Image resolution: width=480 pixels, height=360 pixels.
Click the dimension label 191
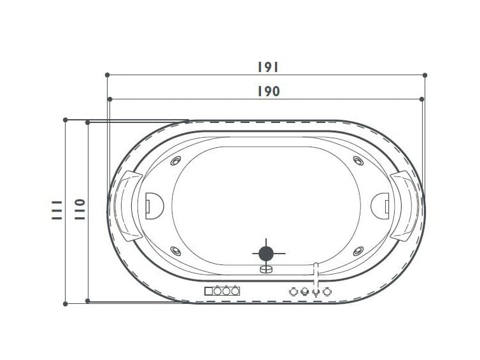pyautogui.click(x=269, y=67)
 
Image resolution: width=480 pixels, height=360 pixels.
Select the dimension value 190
pyautogui.click(x=269, y=91)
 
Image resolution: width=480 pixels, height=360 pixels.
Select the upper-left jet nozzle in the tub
pyautogui.click(x=176, y=161)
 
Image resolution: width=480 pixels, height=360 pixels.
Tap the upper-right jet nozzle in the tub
pyautogui.click(x=356, y=161)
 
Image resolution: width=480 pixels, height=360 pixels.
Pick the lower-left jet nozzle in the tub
pyautogui.click(x=176, y=251)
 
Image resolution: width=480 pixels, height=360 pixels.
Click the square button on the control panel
pyautogui.click(x=209, y=291)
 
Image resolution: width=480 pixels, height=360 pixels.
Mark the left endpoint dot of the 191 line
pyautogui.click(x=107, y=75)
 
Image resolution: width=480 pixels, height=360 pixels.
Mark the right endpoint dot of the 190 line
pyautogui.click(x=422, y=99)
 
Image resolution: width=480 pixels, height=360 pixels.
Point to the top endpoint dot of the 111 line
pyautogui.click(x=65, y=120)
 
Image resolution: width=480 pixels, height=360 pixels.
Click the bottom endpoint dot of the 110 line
pyautogui.click(x=87, y=301)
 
